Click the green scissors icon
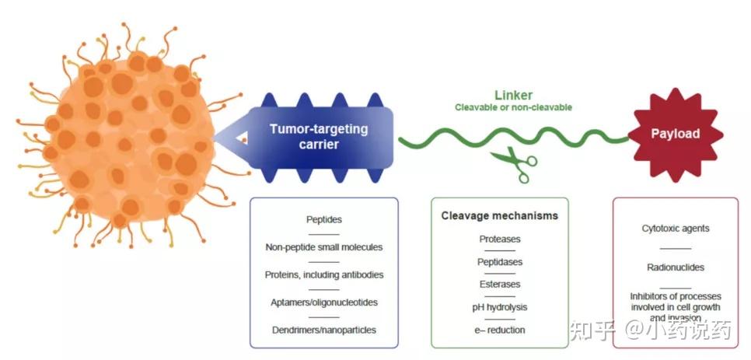513,164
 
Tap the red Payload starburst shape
676,135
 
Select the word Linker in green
513,95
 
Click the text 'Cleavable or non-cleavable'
513,108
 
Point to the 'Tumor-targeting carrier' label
319,136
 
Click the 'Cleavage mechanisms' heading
500,216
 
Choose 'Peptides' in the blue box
323,220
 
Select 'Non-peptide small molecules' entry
323,247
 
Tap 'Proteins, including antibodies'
323,275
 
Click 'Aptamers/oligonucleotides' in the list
323,302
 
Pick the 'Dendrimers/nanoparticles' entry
323,330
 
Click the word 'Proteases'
500,239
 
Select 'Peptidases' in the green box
500,262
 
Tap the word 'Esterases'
500,285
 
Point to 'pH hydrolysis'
500,307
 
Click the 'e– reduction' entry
500,330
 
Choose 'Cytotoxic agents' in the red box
676,229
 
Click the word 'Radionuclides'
676,267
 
